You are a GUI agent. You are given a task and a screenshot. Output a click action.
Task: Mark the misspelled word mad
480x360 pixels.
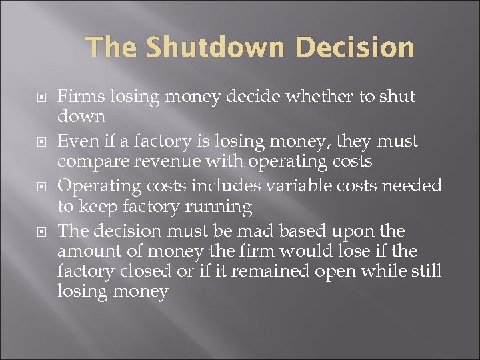pos(252,231)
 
